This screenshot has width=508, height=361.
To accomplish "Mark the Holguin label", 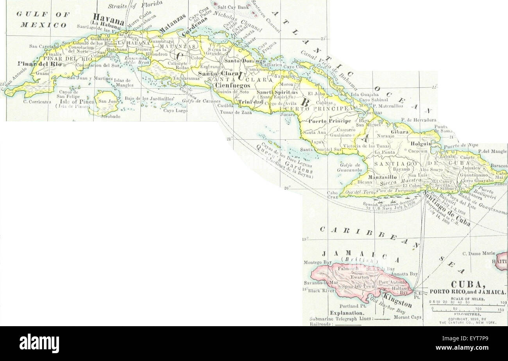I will (x=420, y=144).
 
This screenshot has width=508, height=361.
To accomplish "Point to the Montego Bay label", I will (x=317, y=262).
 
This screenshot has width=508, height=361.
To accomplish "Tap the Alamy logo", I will (x=39, y=343).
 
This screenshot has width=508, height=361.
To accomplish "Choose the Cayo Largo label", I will (x=175, y=110).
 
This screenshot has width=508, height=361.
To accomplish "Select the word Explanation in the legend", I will (x=347, y=313).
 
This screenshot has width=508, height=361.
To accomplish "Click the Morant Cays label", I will (x=408, y=317).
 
